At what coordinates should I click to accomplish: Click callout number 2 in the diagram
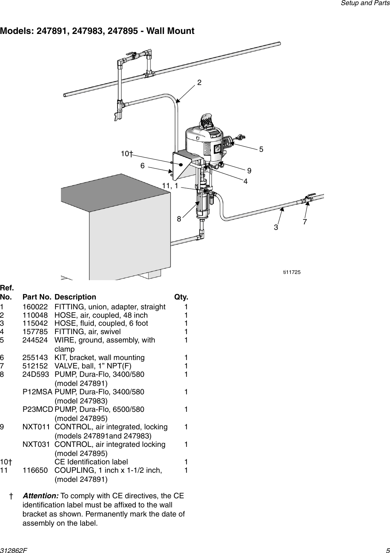pos(199,82)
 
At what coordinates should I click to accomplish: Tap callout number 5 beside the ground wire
pos(261,149)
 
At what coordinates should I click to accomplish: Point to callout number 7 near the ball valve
pos(305,222)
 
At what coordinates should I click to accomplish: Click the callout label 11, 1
pos(170,186)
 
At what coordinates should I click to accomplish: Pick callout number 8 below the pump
pos(179,219)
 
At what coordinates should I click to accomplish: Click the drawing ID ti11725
pos(292,272)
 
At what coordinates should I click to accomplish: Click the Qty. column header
pos(181,297)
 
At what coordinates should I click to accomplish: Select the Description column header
pos(75,297)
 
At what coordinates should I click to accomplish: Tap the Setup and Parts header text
pos(365,3)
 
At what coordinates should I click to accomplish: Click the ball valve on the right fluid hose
pos(308,198)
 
